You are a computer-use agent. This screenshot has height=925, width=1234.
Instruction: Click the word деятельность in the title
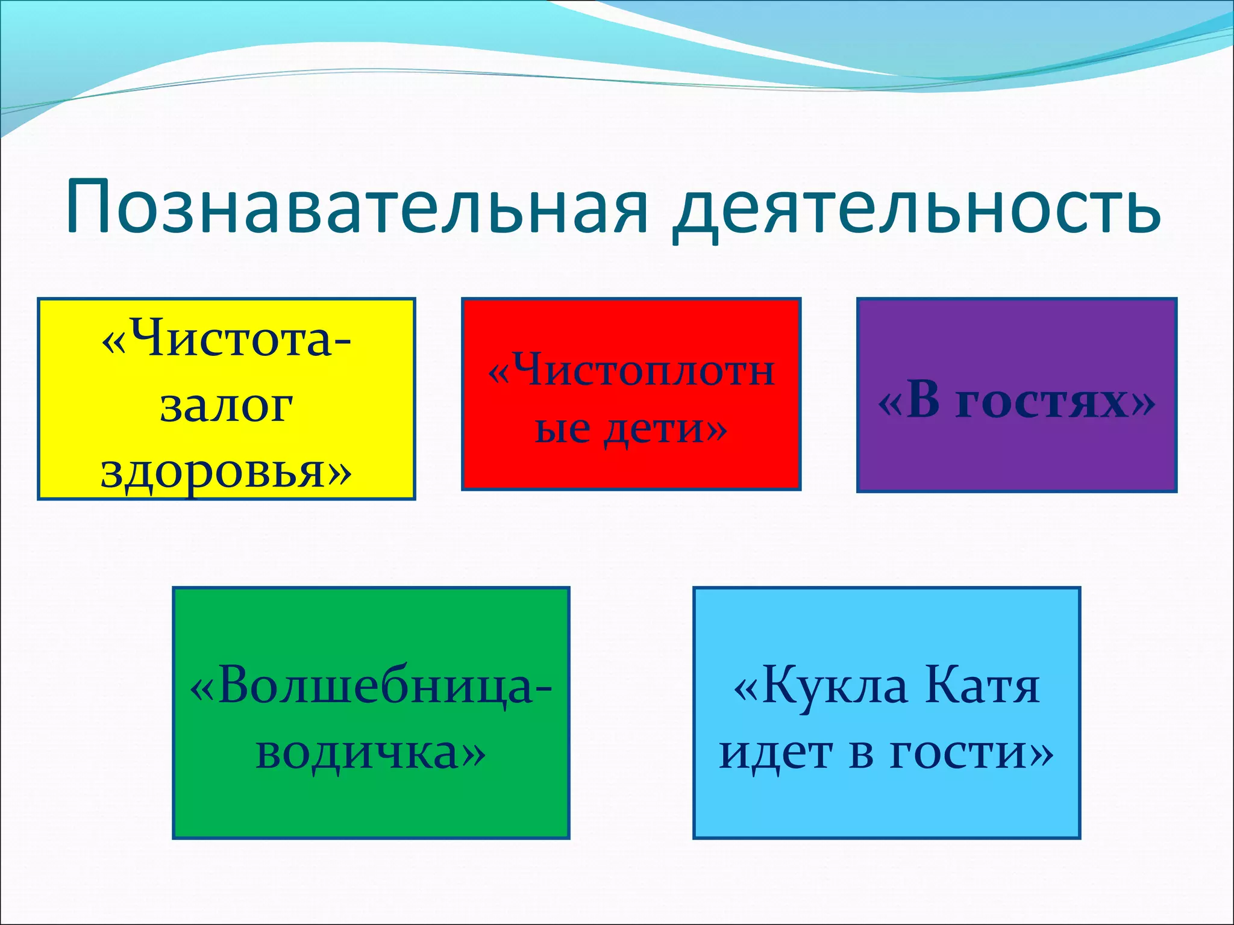(x=916, y=208)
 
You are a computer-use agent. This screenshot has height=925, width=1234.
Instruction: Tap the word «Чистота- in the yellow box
(x=227, y=338)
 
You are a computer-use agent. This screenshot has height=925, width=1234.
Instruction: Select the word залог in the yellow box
(x=227, y=406)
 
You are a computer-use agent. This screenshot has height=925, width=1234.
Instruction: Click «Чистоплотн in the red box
(x=631, y=370)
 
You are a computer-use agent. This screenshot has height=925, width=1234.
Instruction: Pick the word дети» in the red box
(x=666, y=429)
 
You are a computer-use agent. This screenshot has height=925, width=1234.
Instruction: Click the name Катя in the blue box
(x=982, y=687)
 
